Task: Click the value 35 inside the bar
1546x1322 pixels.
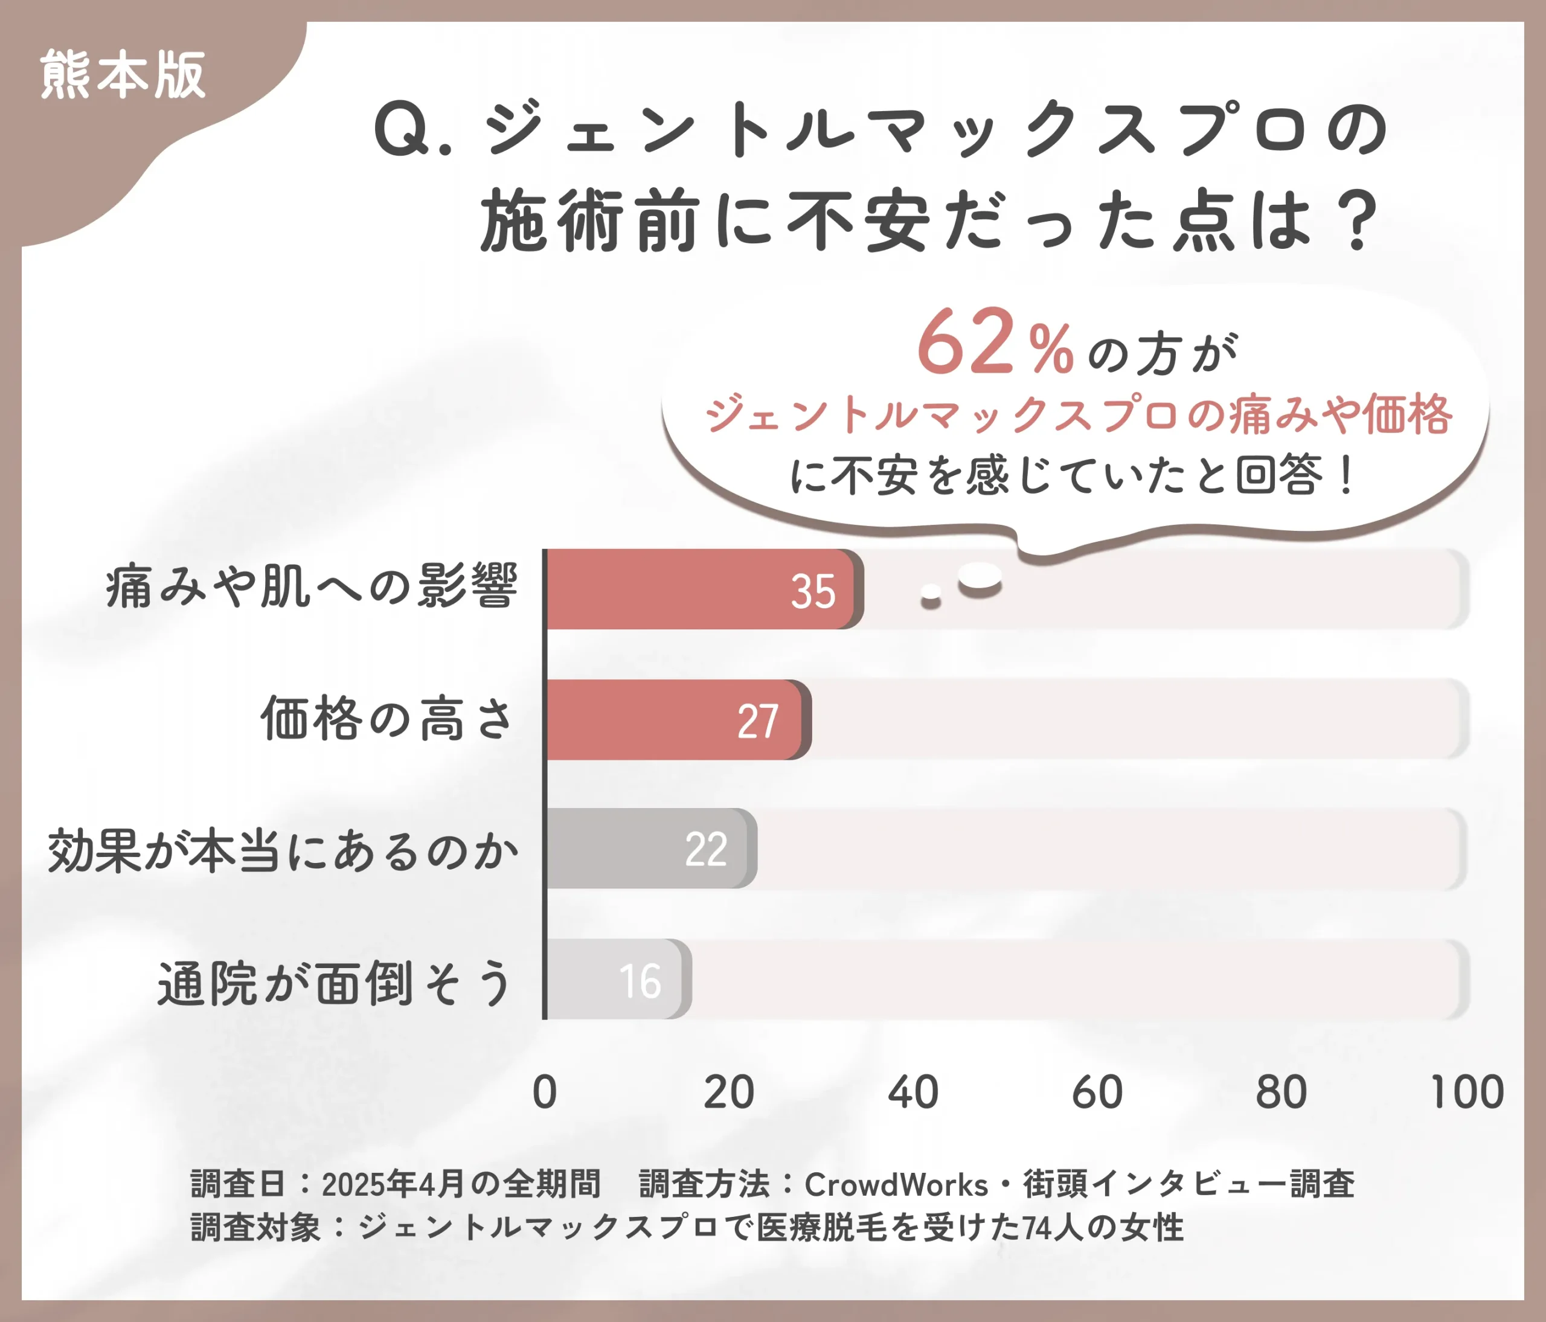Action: coord(813,592)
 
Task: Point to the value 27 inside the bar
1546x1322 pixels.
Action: coord(758,722)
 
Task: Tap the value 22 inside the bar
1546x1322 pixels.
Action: coord(706,850)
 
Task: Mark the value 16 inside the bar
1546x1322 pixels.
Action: coord(640,981)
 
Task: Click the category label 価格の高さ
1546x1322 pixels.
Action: coord(387,719)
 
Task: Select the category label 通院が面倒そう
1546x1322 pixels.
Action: coord(335,983)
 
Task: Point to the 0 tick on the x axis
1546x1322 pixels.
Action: coord(545,1093)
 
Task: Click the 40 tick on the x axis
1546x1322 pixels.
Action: coord(913,1093)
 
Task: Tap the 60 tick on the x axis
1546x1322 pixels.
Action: coord(1097,1093)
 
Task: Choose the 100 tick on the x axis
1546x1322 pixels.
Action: coord(1466,1093)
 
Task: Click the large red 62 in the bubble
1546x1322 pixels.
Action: coord(966,342)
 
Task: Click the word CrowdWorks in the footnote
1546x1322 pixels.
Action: coord(896,1185)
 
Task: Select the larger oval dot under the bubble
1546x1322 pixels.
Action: coord(980,577)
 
